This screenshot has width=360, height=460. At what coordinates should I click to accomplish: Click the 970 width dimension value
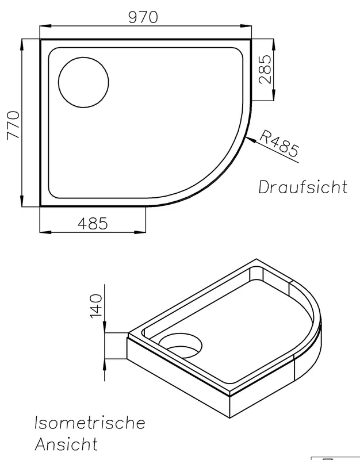point(143,17)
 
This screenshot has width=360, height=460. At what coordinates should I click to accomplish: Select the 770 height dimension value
point(13,125)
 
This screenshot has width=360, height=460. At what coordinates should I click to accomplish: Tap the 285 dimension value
point(266,69)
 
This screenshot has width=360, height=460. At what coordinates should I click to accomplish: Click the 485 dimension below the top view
point(93,224)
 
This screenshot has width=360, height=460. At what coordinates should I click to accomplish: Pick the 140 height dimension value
point(96,306)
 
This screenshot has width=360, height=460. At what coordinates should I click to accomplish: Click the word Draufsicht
point(303,186)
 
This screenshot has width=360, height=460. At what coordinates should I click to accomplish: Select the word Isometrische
point(90,423)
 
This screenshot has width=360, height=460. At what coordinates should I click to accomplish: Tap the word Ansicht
point(66,444)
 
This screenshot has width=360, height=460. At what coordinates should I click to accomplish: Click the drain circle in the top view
point(83,82)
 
